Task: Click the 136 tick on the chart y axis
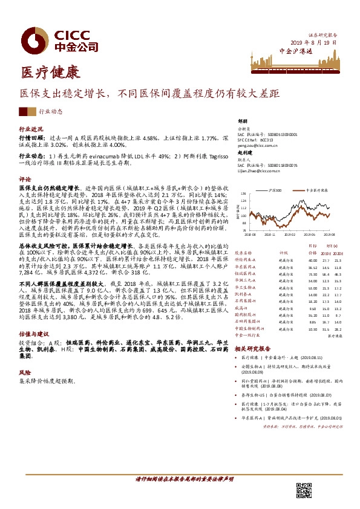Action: [x=242, y=193]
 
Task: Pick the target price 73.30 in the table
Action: [x=312, y=258]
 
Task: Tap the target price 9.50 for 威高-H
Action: [x=312, y=307]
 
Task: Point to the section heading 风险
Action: [x=24, y=372]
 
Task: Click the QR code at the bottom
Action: [x=304, y=491]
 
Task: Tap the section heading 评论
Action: [x=24, y=180]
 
